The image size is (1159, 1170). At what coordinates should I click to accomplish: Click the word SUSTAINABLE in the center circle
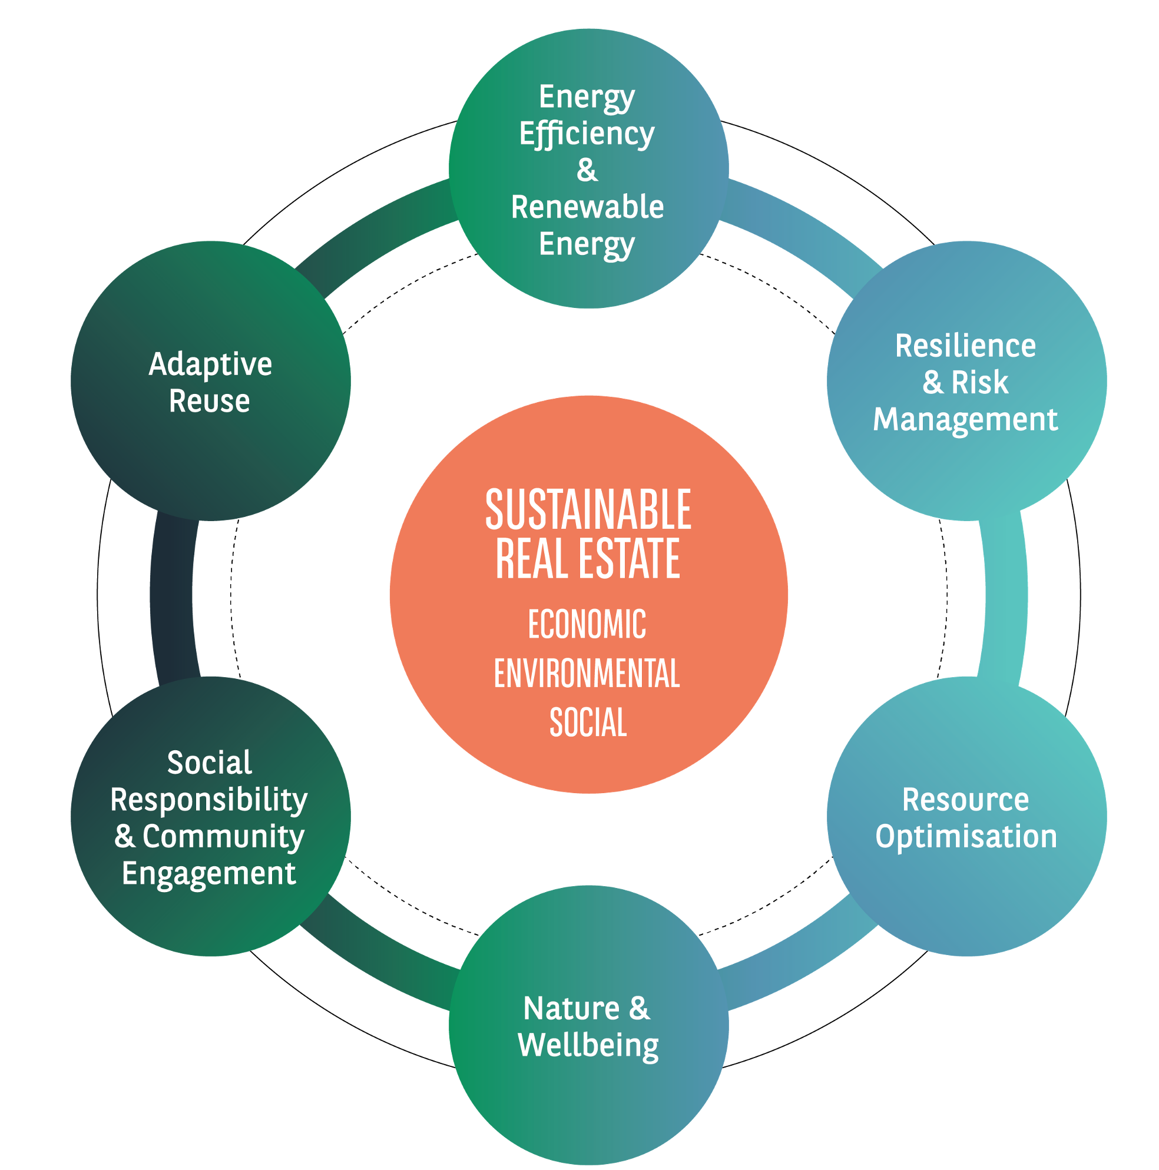tap(588, 510)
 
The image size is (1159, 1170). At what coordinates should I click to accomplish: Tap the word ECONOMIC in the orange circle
tap(587, 624)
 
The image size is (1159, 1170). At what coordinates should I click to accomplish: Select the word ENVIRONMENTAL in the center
tap(587, 674)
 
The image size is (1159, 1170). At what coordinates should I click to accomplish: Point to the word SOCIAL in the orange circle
tap(588, 722)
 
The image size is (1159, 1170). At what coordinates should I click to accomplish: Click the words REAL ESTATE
tap(588, 558)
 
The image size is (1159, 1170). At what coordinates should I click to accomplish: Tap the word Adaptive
tap(210, 364)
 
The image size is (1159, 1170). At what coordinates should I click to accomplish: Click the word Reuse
tap(210, 401)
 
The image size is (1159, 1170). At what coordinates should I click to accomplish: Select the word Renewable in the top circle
tap(587, 207)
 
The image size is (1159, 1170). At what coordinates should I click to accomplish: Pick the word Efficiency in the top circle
tap(587, 134)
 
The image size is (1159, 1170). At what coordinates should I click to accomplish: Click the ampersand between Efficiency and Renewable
tap(587, 170)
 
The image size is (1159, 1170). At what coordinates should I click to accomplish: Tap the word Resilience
tap(966, 346)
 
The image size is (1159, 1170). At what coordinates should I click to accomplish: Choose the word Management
tap(966, 420)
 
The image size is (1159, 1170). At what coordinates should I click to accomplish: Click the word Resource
tap(966, 800)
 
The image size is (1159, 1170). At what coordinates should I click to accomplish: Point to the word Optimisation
tap(966, 837)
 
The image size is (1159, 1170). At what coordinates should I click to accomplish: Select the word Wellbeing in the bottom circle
tap(588, 1046)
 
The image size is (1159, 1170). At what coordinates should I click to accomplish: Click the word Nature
tap(572, 1009)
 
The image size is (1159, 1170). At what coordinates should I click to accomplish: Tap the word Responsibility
tap(209, 801)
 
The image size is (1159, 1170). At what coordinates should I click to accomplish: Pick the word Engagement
tap(209, 874)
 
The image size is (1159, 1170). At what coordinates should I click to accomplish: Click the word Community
tap(223, 837)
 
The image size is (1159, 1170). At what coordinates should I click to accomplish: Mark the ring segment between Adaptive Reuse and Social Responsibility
tap(173, 596)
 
